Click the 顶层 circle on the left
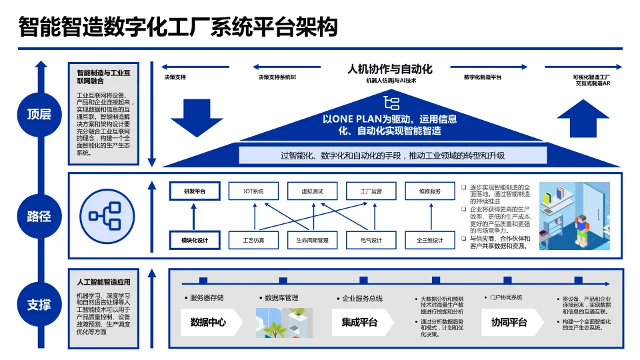39,114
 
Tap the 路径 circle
39,217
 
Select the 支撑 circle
39,305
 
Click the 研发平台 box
195,191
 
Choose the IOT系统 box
254,191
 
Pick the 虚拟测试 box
312,191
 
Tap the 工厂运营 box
371,191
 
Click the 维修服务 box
430,191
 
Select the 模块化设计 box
195,240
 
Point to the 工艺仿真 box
254,240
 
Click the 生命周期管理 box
312,240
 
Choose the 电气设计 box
371,240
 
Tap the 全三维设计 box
430,240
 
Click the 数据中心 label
208,323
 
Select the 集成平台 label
359,323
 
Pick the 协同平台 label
509,323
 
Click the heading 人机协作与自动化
390,68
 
